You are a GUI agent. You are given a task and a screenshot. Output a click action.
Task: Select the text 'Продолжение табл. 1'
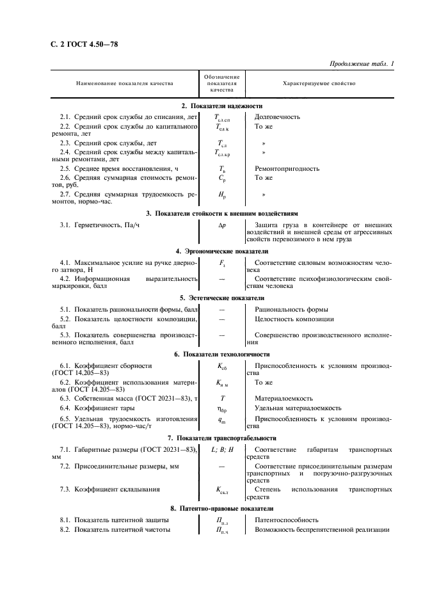point(362,63)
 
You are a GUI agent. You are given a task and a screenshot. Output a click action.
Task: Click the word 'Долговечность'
point(277,117)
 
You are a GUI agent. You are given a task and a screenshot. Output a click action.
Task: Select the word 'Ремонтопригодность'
point(287,168)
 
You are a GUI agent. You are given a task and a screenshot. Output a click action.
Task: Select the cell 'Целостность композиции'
point(294,319)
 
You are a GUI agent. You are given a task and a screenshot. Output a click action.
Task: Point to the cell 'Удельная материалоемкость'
point(298,408)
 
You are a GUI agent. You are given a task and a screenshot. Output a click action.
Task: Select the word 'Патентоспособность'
point(286,520)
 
